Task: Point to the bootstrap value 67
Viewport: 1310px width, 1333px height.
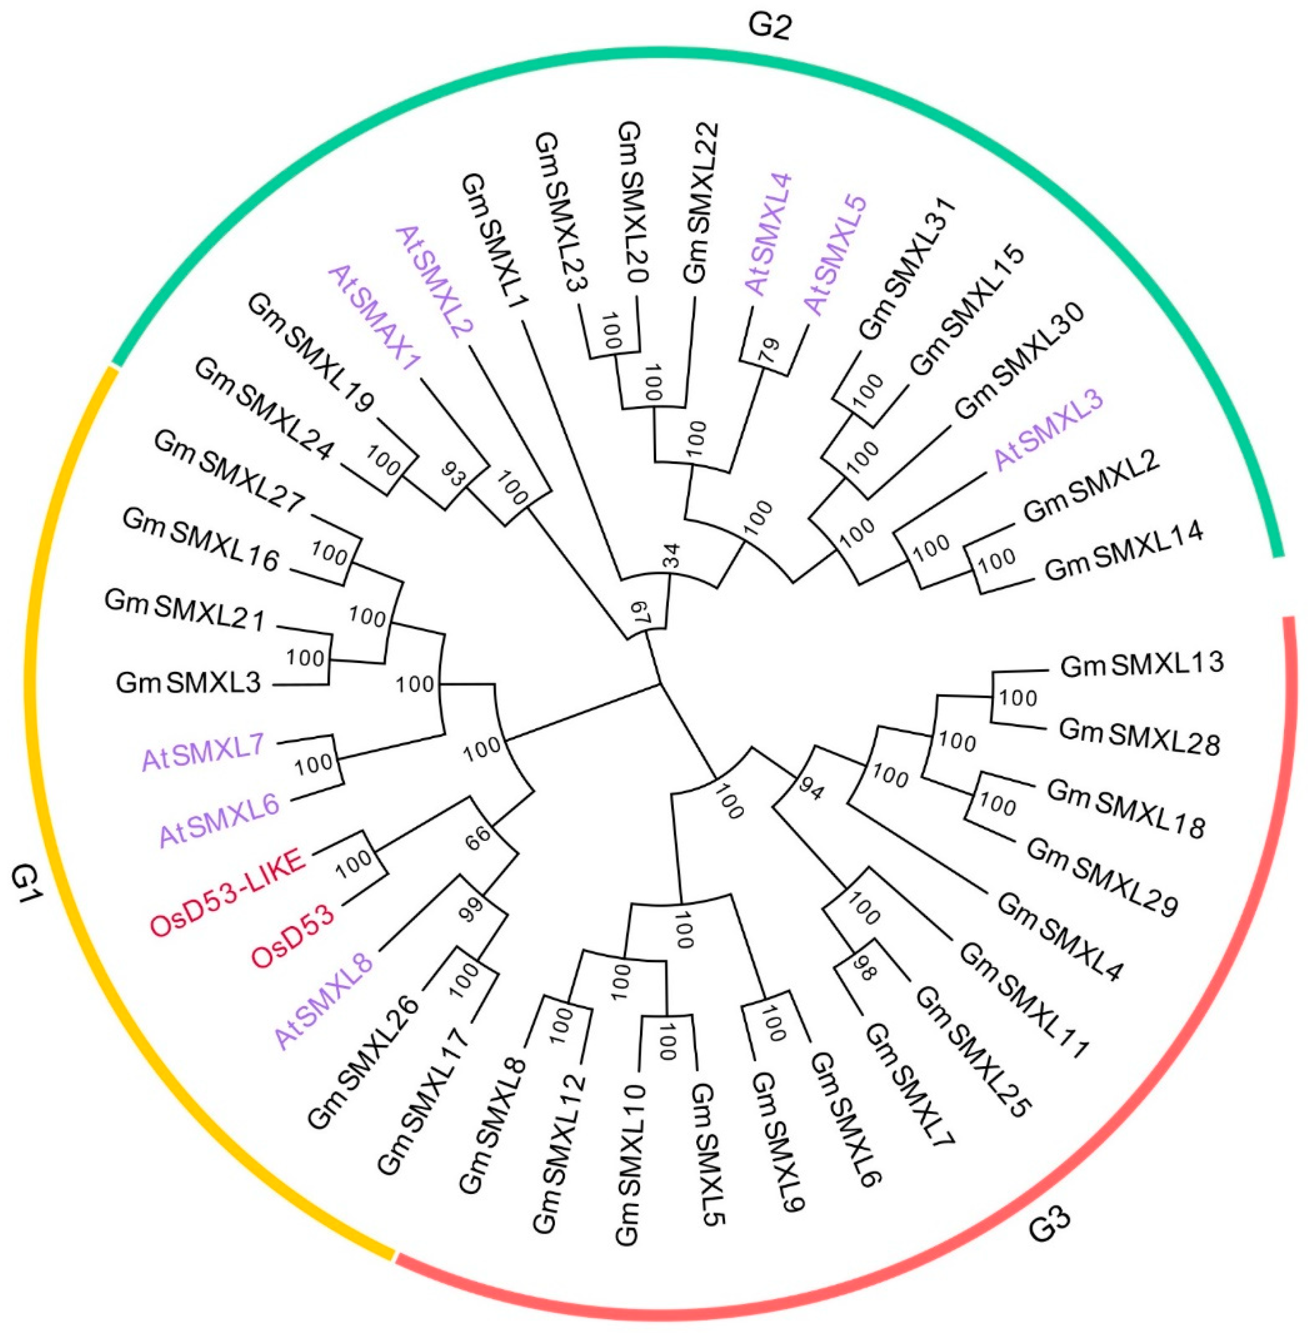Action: point(640,614)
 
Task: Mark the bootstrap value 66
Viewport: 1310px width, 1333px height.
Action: point(480,835)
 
